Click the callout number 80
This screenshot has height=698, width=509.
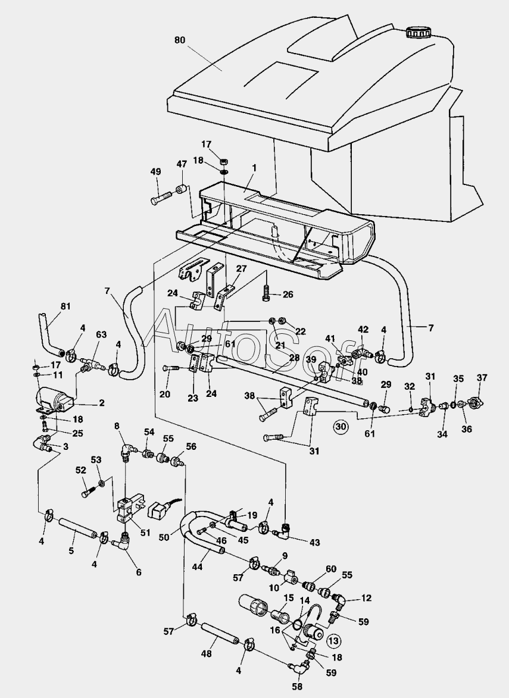pyautogui.click(x=180, y=40)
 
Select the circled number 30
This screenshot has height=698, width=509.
pyautogui.click(x=341, y=426)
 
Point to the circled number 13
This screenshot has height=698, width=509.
pyautogui.click(x=334, y=640)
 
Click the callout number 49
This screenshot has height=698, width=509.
pyautogui.click(x=155, y=172)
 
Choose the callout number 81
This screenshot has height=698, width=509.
pyautogui.click(x=65, y=307)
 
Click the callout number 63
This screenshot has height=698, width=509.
pyautogui.click(x=101, y=334)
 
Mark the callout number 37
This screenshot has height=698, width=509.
pyautogui.click(x=482, y=377)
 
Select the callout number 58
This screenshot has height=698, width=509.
pyautogui.click(x=296, y=686)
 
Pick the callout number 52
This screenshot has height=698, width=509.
pyautogui.click(x=81, y=469)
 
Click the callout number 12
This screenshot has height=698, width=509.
pyautogui.click(x=366, y=597)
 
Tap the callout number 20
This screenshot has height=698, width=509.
pyautogui.click(x=165, y=393)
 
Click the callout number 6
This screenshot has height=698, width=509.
pyautogui.click(x=139, y=572)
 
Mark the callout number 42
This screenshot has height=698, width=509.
pyautogui.click(x=363, y=329)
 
